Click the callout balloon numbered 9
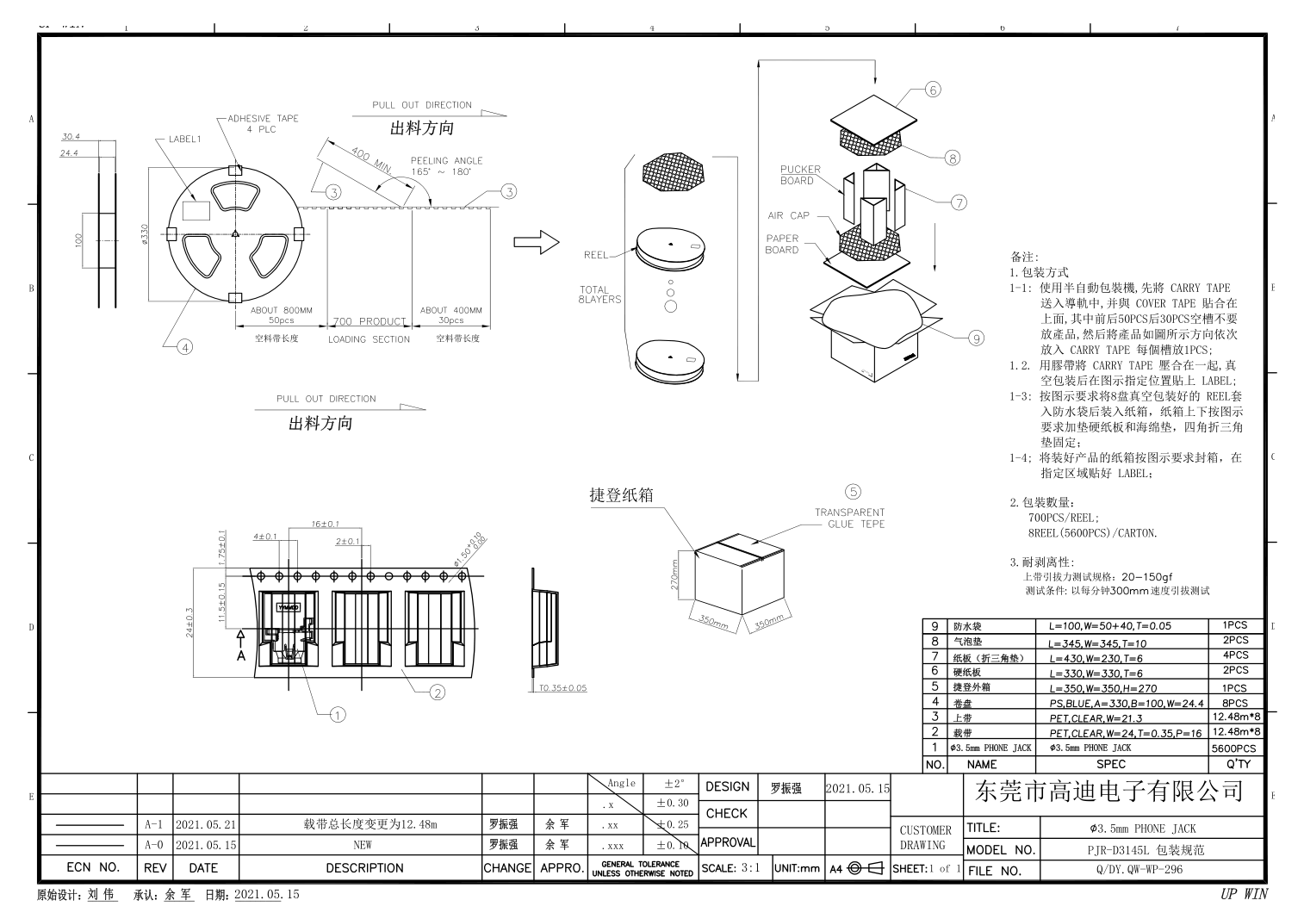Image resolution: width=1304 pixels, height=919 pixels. [976, 338]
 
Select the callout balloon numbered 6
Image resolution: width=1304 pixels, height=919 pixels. [933, 90]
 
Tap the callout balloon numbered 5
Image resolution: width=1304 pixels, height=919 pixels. [853, 492]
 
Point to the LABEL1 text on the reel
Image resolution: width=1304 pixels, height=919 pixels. [184, 139]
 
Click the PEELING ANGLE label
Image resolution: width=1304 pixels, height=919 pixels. [446, 160]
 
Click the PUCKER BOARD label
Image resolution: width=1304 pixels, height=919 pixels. [799, 175]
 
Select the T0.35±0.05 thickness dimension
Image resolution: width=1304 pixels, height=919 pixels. [562, 688]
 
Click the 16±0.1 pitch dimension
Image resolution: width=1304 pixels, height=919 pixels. [325, 524]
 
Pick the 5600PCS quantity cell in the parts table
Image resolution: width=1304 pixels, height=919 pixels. [1233, 748]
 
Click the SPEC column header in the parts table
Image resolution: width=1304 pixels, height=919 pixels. [1110, 764]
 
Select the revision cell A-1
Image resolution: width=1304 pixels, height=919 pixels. [154, 824]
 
